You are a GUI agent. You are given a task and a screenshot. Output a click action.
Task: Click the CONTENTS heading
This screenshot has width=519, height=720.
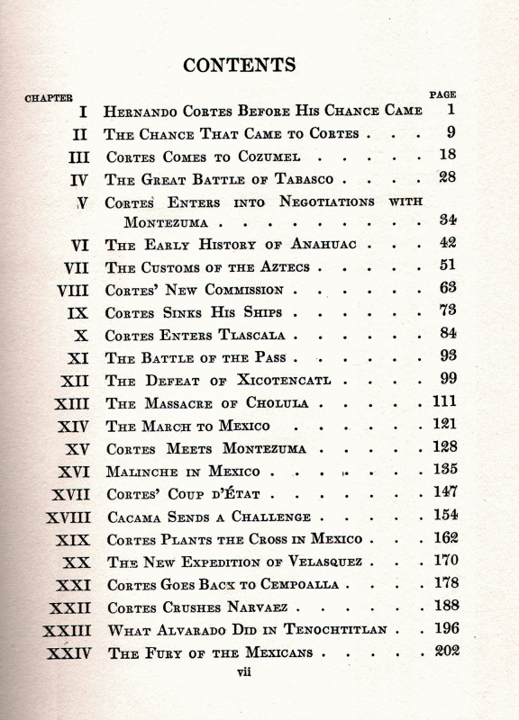coord(239,65)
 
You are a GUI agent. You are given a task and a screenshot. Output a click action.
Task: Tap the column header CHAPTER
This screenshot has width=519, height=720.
coord(49,97)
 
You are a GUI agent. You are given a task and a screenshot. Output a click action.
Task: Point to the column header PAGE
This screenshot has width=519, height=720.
coord(442,94)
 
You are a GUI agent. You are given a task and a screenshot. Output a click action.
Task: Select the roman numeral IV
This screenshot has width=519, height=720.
coord(79,179)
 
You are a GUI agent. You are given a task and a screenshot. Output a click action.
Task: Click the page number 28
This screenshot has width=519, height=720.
coord(447,177)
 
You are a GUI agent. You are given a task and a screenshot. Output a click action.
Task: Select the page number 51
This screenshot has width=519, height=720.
coord(448,265)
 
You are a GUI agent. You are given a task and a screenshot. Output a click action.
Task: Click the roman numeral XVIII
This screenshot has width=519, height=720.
coord(68,517)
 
